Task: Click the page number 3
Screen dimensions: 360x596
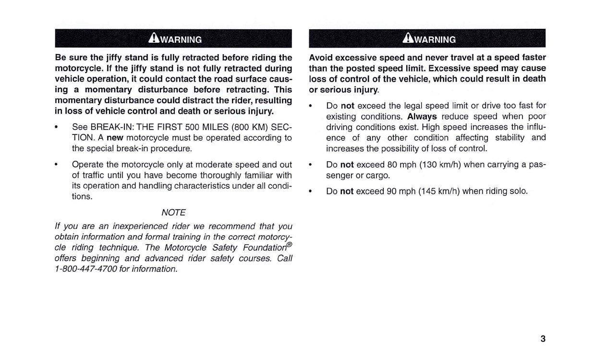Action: [x=543, y=339]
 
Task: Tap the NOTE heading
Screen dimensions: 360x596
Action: [x=173, y=213]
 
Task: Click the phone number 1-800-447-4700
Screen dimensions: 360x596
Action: [x=85, y=269]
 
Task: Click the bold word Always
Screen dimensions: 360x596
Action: [x=422, y=117]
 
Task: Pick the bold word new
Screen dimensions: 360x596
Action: [x=115, y=138]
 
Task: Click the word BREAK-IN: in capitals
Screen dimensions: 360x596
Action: [x=112, y=127]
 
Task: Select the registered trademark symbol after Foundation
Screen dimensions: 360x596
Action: [x=289, y=244]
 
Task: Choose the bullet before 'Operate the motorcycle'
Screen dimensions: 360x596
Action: [x=57, y=165]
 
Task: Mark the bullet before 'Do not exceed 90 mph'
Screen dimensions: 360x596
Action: [x=311, y=191]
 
